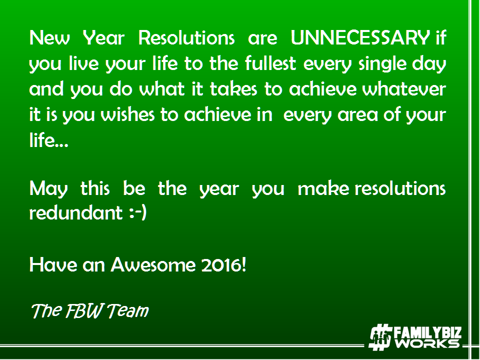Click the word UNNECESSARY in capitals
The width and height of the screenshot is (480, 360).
pos(360,37)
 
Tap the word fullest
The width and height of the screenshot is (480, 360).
pos(270,63)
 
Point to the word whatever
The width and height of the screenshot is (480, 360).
pos(404,89)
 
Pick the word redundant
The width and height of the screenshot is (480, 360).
pos(76,212)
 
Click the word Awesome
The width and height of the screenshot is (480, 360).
pos(153,264)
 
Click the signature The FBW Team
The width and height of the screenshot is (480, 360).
pos(90,311)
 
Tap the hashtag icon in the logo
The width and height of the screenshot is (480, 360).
pos(380,337)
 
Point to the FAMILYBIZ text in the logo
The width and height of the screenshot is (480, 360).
pos(427,332)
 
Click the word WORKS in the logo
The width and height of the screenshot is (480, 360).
pos(427,343)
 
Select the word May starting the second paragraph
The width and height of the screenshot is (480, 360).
pos(48,189)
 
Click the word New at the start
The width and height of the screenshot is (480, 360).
pos(49,37)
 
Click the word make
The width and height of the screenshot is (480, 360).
pos(323,188)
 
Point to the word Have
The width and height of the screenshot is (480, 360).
pos(53,264)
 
